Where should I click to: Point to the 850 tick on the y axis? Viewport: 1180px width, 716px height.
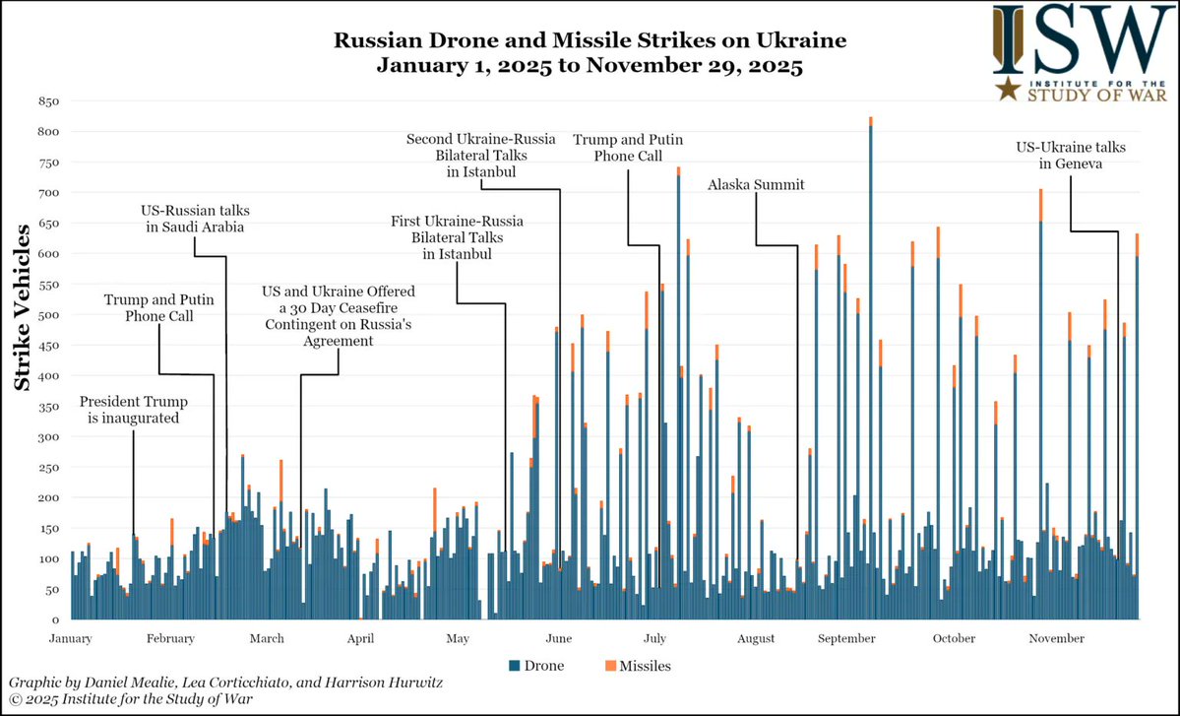(x=48, y=101)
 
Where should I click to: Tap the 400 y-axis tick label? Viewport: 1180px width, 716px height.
(x=48, y=376)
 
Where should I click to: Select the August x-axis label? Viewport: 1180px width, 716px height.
(x=755, y=639)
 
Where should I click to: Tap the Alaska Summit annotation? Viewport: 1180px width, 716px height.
(x=755, y=184)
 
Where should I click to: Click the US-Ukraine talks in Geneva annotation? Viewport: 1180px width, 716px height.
(x=1071, y=156)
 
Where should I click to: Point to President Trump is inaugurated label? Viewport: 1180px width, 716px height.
(x=133, y=411)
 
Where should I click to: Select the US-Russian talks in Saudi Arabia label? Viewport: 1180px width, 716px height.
(x=193, y=219)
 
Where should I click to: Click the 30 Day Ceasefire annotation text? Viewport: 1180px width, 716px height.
(x=338, y=316)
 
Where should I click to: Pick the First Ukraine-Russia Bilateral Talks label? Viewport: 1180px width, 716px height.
(x=457, y=236)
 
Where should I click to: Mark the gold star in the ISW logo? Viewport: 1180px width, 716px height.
(x=1006, y=91)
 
